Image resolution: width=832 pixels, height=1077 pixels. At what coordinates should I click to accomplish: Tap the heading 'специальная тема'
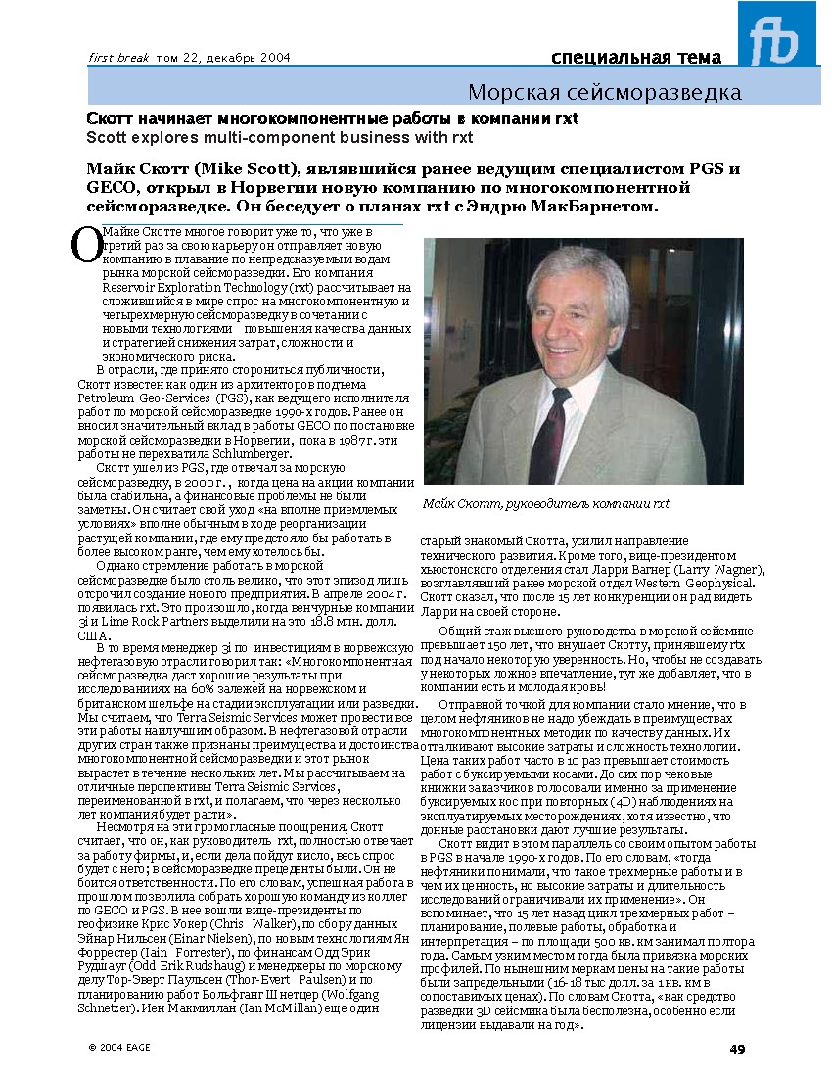point(636,57)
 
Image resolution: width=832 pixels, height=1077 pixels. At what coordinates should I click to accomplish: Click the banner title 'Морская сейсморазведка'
point(604,93)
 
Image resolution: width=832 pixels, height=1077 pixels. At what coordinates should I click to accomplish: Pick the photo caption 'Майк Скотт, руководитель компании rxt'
point(546,503)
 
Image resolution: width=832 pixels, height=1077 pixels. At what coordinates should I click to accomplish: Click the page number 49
point(737,1050)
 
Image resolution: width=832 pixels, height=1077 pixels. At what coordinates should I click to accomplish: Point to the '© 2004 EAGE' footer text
point(119,1047)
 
